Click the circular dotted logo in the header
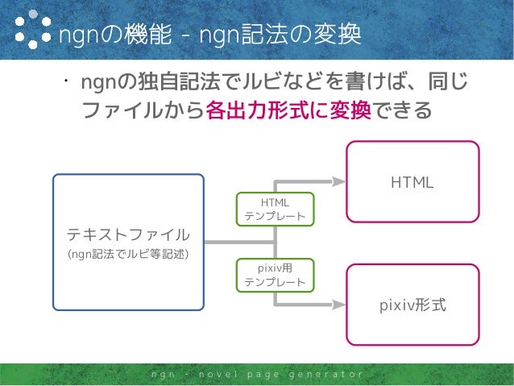point(30,31)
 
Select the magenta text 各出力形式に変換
point(288,110)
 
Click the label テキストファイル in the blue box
point(129,235)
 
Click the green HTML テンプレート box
point(275,209)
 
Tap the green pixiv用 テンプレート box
point(275,275)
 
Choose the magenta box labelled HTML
point(412,182)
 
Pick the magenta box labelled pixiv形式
point(412,305)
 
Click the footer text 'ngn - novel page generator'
point(256,376)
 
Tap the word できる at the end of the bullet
point(400,110)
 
